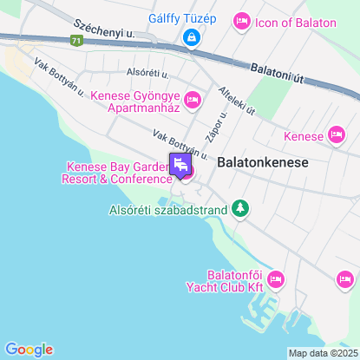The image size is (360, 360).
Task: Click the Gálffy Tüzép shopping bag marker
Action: [191, 37]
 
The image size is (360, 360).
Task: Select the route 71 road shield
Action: [78, 41]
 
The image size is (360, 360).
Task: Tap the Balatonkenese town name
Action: [263, 161]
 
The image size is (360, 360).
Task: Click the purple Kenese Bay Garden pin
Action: [181, 164]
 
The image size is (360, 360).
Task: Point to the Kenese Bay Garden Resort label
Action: [116, 173]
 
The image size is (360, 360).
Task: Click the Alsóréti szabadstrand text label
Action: [168, 209]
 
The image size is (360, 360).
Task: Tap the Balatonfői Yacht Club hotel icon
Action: [276, 278]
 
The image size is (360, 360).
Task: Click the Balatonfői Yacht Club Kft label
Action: [225, 279]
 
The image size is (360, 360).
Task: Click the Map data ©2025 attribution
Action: [323, 353]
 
